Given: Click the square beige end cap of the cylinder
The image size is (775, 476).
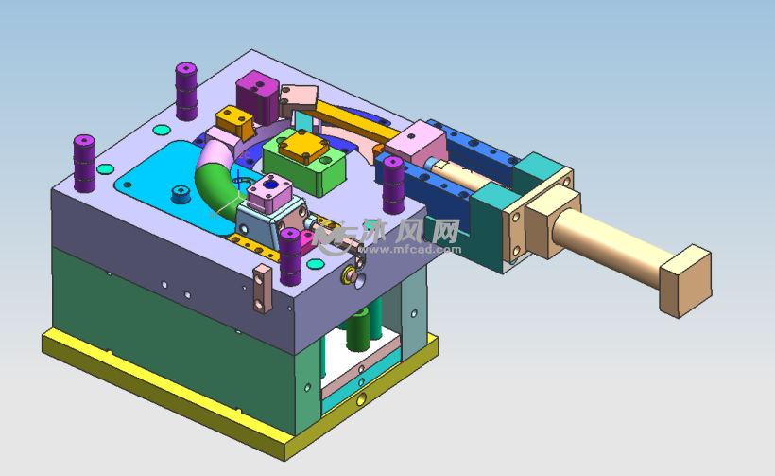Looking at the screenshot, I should (684, 280).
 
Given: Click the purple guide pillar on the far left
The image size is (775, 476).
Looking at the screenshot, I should (84, 163).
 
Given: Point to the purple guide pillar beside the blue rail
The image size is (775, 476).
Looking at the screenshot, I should (393, 184).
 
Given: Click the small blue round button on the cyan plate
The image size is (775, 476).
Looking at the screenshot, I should (178, 196).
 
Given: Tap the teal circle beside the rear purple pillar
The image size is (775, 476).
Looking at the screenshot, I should (160, 129).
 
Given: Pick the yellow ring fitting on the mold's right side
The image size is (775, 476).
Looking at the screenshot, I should (347, 275).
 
